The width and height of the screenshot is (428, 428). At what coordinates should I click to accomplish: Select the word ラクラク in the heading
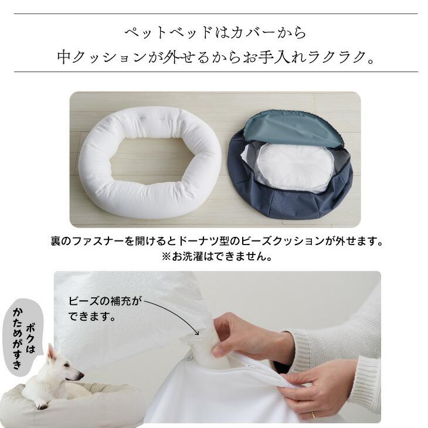click(x=334, y=57)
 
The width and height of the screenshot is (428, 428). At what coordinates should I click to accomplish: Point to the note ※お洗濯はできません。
click(x=214, y=257)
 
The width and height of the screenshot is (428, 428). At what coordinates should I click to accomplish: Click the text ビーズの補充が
click(x=106, y=302)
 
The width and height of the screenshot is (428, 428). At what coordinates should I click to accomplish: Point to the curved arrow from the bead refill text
click(x=176, y=311)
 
